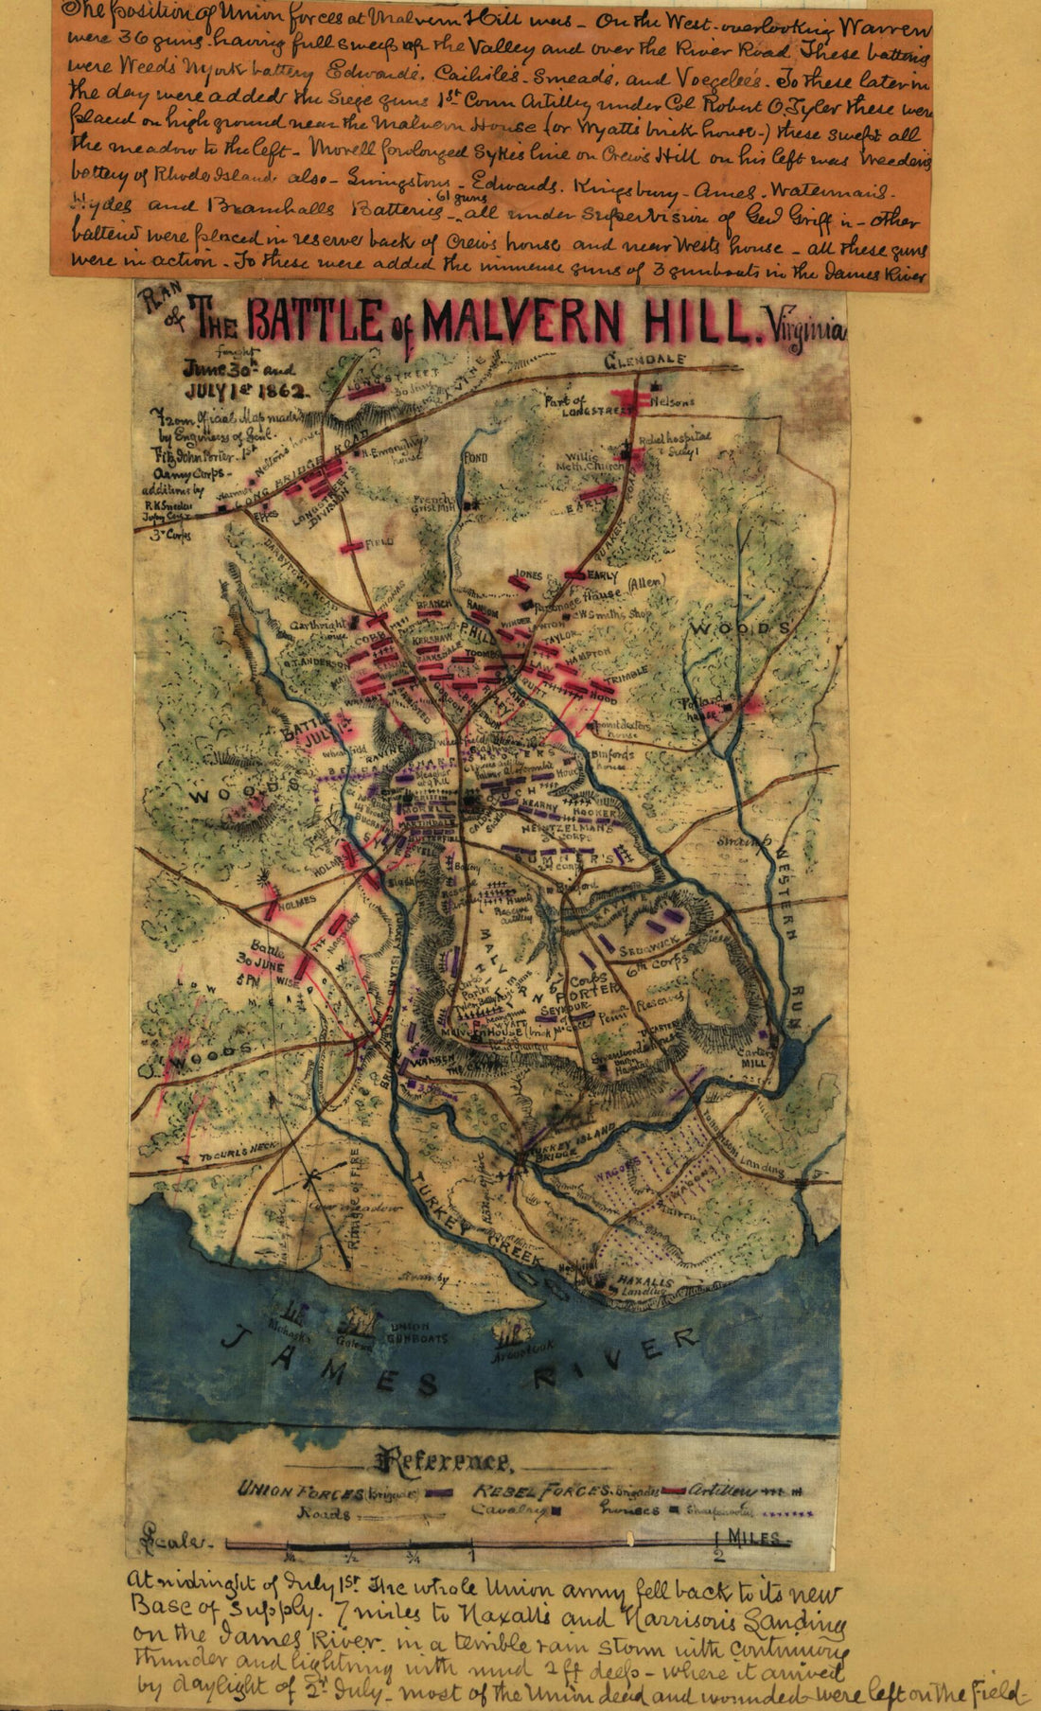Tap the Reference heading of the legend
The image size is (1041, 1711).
coord(445,1462)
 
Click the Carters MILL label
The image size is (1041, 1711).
coord(753,1056)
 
